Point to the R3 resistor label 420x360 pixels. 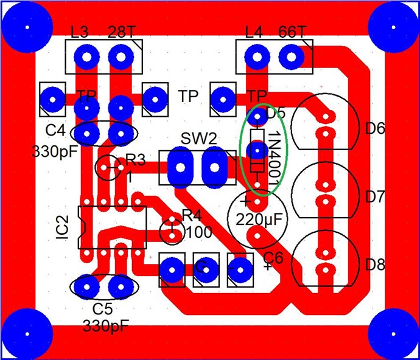pyautogui.click(x=135, y=161)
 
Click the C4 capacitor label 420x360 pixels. pyautogui.click(x=55, y=130)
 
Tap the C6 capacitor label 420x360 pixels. pyautogui.click(x=274, y=257)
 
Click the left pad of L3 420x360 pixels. pyautogui.click(x=86, y=58)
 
